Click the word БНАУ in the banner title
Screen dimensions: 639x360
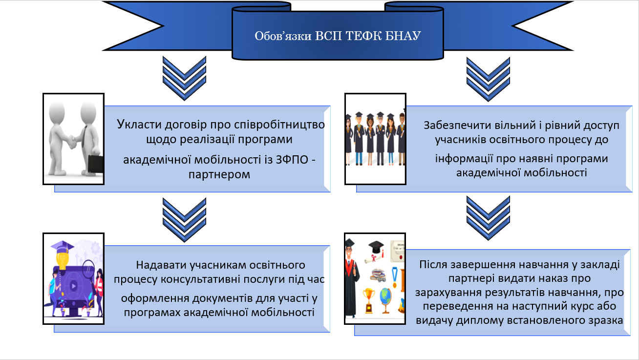coord(403,36)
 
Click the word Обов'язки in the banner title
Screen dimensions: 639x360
coord(283,36)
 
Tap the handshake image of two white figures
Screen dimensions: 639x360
coord(74,139)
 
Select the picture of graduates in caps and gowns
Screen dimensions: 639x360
coord(375,139)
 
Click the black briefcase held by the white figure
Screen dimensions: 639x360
coord(95,164)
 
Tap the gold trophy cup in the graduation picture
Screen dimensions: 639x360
coord(368,300)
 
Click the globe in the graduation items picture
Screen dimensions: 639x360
coord(385,300)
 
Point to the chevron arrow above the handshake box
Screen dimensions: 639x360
coord(184,78)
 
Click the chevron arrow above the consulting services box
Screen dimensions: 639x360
coord(184,220)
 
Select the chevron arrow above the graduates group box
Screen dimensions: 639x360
coord(488,79)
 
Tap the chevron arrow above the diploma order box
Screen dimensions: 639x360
coord(488,218)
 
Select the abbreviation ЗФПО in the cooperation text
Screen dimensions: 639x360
coord(292,159)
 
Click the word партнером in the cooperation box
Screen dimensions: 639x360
coord(219,174)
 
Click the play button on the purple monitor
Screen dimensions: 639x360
coord(73,286)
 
